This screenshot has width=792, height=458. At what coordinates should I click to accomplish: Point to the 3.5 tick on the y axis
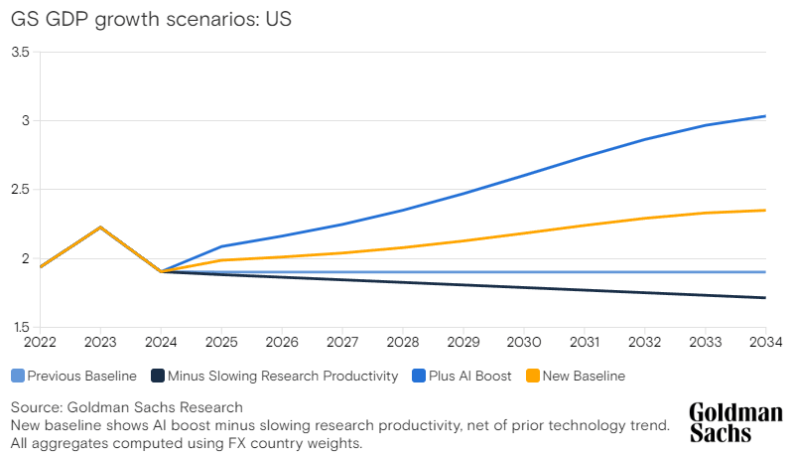click(20, 52)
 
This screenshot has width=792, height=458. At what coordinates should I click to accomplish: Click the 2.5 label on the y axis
click(20, 189)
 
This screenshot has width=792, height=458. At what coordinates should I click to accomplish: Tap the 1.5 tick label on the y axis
click(20, 327)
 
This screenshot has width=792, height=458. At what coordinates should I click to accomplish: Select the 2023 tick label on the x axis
click(100, 343)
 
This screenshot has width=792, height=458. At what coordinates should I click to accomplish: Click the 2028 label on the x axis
click(403, 343)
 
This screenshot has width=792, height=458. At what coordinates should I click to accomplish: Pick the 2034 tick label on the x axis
click(765, 343)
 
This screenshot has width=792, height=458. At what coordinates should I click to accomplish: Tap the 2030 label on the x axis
click(524, 343)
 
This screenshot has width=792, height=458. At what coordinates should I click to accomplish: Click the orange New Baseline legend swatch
click(532, 376)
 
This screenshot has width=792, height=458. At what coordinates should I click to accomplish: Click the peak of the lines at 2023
click(100, 228)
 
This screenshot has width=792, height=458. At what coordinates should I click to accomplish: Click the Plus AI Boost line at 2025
click(221, 246)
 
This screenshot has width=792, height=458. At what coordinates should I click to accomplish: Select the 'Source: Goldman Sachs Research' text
click(126, 407)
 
